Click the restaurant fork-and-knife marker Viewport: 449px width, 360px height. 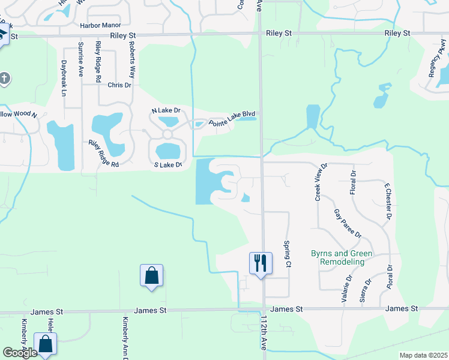click(261, 263)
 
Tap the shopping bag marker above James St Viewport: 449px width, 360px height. click(151, 276)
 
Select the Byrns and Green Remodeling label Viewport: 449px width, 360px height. click(342, 258)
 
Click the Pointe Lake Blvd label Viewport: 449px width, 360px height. click(232, 118)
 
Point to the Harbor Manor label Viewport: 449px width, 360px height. click(100, 26)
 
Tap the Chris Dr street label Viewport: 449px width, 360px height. click(119, 85)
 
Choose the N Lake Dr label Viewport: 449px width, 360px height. click(166, 110)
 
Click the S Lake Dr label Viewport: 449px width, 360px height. click(167, 164)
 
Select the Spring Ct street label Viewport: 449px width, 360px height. click(288, 254)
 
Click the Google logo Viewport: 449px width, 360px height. click(20, 353)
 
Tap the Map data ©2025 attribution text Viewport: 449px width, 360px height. click(423, 355)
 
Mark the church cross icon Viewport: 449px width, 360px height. click(5, 79)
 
